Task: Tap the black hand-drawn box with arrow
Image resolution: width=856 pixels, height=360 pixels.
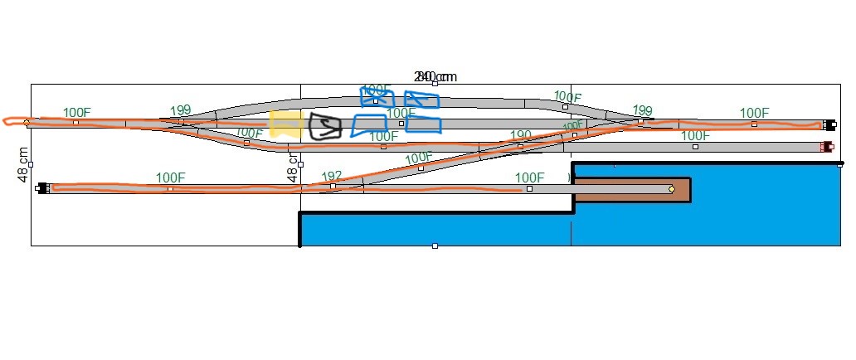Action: pos(324,126)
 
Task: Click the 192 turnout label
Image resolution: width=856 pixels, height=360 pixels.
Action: pos(332,176)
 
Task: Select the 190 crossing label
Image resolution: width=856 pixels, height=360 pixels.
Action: pos(520,135)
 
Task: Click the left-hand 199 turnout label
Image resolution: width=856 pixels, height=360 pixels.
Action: pos(180,110)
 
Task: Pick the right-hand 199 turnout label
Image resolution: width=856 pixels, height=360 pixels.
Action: pos(642,110)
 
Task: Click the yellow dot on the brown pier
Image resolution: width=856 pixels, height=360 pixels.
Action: pos(671,189)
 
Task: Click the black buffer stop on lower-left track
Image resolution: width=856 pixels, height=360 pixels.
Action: pos(42,188)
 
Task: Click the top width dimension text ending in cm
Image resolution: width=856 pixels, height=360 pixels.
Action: pos(435,77)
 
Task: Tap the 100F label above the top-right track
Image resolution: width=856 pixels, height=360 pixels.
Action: pos(754,113)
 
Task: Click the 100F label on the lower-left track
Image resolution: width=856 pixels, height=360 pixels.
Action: pos(170,178)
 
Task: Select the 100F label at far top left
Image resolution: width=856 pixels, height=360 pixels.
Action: pos(77,112)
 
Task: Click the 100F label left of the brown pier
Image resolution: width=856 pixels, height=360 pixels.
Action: pos(529,178)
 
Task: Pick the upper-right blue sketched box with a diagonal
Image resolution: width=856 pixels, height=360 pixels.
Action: pos(421,100)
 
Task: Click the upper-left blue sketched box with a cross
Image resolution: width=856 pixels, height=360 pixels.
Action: pos(376,97)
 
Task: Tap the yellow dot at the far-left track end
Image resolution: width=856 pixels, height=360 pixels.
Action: pos(27,123)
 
